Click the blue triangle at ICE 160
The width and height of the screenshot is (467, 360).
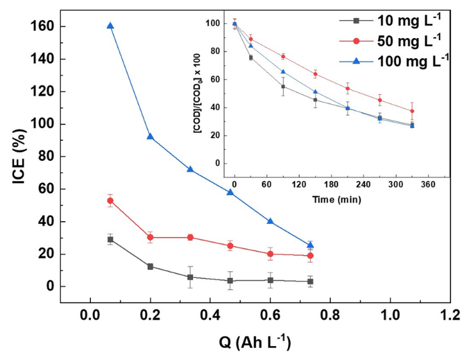(x=110, y=26)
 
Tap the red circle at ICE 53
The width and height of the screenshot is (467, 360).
(x=110, y=200)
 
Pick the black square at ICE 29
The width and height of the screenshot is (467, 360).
(x=110, y=239)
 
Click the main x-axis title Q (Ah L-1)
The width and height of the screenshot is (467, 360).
(x=254, y=341)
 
